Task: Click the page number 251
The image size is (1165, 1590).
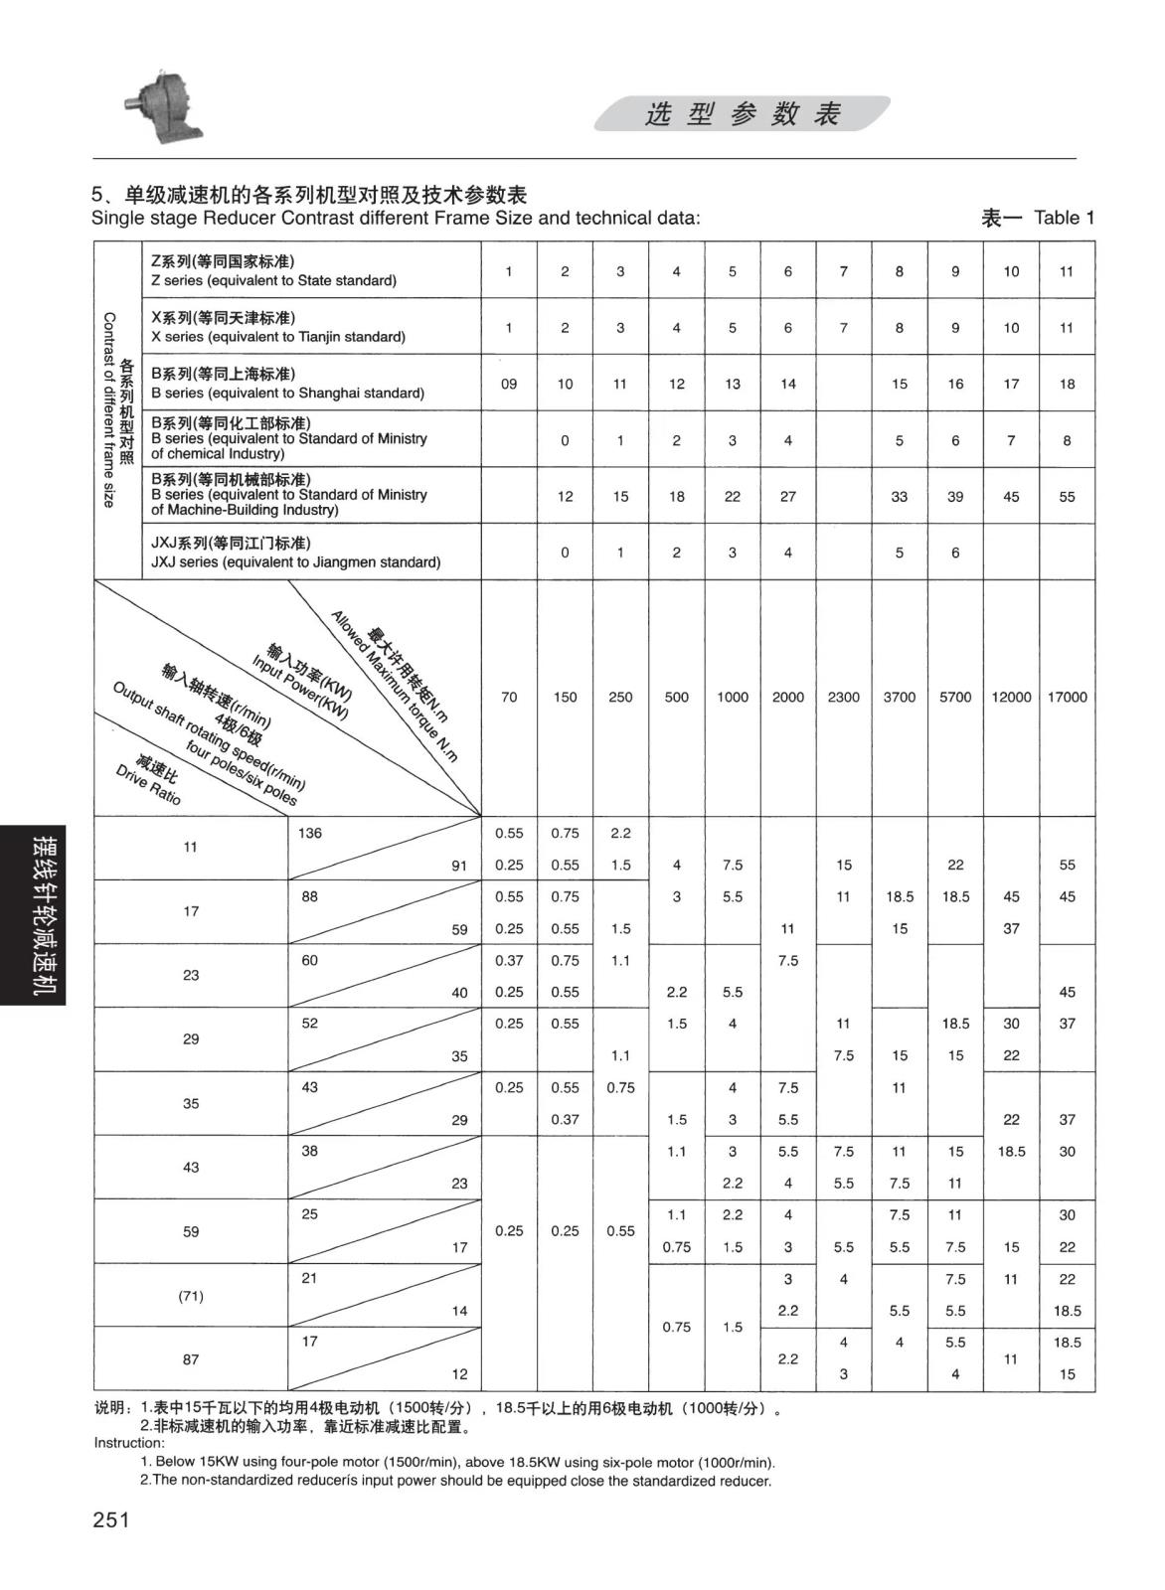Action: (111, 1519)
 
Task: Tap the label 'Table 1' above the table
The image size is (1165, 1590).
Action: (1064, 218)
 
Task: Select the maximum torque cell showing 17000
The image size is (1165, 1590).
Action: (1067, 698)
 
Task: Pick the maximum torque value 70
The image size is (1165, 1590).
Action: (509, 698)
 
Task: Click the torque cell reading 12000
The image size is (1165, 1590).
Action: (1011, 698)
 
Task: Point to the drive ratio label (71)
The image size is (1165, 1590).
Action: (191, 1296)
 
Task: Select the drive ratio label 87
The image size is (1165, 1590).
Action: (191, 1358)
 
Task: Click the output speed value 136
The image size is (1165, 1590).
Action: (310, 833)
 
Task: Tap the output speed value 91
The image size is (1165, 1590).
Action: (459, 866)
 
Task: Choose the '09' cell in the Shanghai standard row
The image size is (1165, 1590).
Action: (509, 384)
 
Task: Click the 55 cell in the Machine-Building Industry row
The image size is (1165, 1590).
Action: (1067, 497)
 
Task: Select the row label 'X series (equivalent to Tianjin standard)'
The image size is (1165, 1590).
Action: (278, 337)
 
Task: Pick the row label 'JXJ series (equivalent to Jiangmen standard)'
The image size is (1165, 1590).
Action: (295, 562)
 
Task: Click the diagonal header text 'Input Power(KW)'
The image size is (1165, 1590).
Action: (299, 687)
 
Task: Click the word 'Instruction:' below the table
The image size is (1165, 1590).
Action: (129, 1443)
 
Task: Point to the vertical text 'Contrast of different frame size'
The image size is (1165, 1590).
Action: (109, 409)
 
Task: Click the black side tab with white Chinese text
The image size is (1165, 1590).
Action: (33, 915)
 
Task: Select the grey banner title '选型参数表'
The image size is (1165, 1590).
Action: (743, 114)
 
